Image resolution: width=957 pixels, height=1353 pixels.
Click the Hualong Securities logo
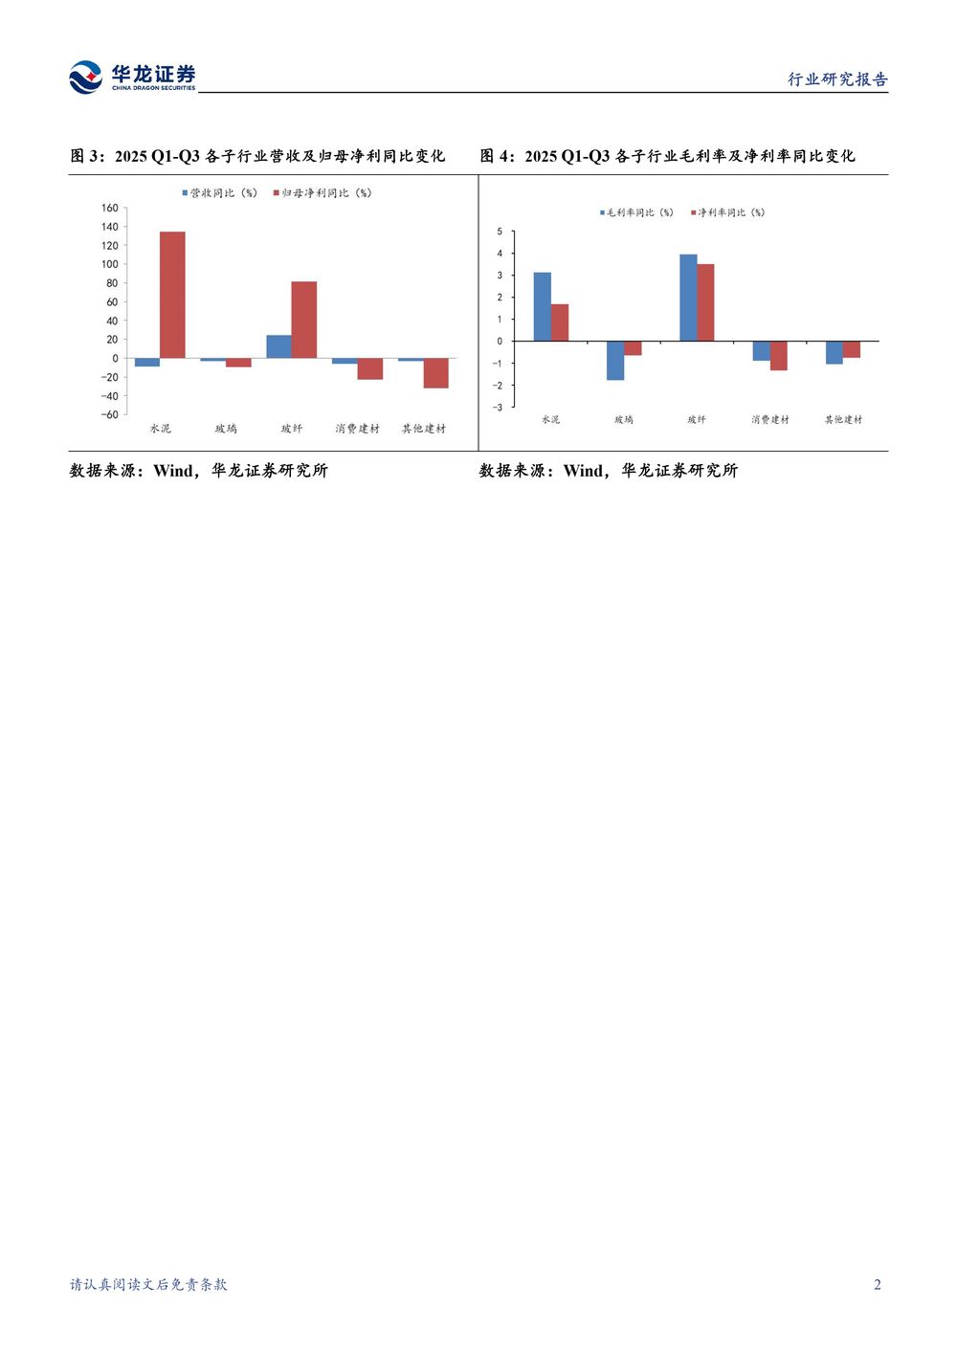(132, 78)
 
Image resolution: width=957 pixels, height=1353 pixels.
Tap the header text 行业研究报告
(837, 79)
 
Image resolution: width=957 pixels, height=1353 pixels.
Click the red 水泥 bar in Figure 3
(172, 295)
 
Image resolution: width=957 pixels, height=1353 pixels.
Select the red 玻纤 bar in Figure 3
(304, 320)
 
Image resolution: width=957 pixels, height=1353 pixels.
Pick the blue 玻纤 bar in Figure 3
(278, 346)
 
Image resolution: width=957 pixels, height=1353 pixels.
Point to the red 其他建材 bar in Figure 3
(435, 373)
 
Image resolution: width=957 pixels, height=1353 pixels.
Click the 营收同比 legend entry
(220, 193)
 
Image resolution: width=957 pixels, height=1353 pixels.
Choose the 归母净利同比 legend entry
(323, 193)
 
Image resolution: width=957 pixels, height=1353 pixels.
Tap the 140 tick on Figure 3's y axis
(110, 227)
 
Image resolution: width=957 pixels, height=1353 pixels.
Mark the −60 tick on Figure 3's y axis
(110, 414)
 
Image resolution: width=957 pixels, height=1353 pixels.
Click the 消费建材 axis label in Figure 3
(357, 429)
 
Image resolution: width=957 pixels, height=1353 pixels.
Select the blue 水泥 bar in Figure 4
(542, 306)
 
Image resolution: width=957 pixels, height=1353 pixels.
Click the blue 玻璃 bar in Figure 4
(615, 361)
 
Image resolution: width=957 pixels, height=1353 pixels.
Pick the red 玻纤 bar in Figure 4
(705, 302)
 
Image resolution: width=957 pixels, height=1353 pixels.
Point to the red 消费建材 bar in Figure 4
(779, 355)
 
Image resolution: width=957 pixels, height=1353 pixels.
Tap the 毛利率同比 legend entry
(636, 212)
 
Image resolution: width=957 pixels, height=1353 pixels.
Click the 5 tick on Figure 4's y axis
(500, 232)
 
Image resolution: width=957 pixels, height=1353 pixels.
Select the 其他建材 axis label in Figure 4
(843, 420)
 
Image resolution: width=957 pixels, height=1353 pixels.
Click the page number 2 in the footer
(877, 1284)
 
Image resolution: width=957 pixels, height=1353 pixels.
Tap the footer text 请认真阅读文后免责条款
(148, 1284)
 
